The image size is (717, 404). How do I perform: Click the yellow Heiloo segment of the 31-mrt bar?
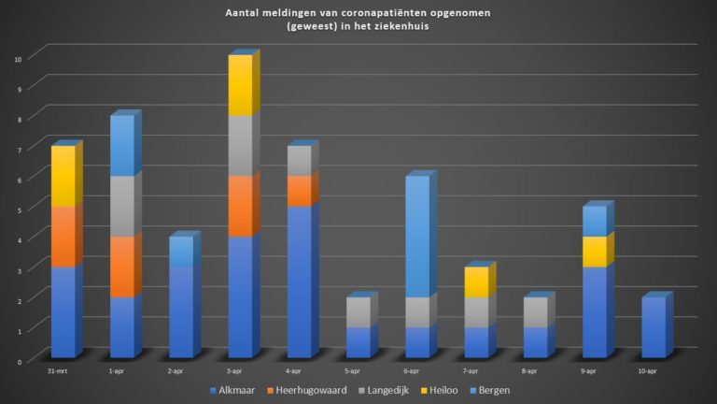[x=63, y=176]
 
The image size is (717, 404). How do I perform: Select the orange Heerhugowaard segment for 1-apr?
[x=121, y=267]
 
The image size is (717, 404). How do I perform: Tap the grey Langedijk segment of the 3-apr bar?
[x=240, y=145]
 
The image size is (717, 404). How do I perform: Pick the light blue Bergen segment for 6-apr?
[x=417, y=236]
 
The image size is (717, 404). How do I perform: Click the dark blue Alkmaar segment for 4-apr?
[x=299, y=281]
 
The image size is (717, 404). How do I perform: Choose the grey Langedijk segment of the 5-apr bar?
[x=358, y=312]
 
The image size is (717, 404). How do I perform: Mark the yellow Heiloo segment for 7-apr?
[x=476, y=282]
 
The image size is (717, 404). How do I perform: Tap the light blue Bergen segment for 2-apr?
[x=181, y=252]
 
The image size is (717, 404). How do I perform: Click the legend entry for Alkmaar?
[x=234, y=389]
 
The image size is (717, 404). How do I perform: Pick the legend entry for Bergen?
[x=492, y=389]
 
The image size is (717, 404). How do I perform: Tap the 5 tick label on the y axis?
[x=18, y=209]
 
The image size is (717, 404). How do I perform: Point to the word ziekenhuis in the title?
[x=402, y=27]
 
